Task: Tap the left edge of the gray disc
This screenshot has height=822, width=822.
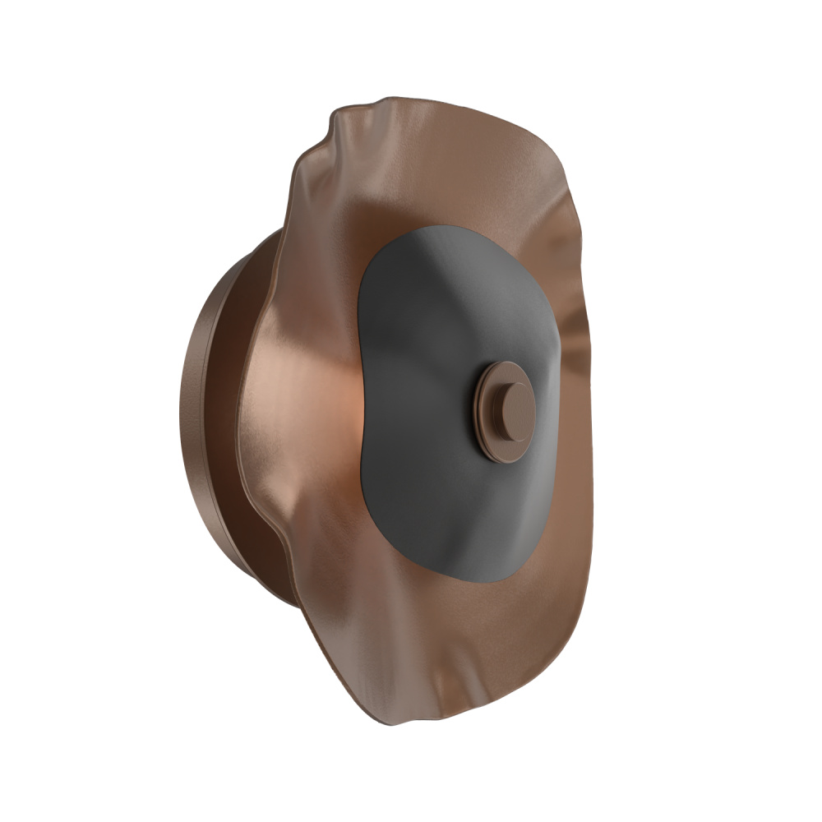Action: point(360,395)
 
